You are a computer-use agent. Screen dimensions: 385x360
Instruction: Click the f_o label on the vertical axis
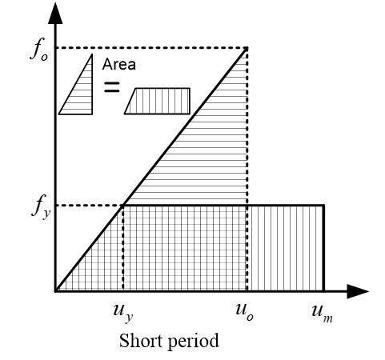point(39,52)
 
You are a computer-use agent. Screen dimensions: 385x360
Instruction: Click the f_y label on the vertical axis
point(41,207)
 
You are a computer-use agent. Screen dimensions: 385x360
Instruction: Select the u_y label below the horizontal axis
point(123,313)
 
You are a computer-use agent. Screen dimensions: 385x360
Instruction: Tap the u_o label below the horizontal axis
point(244,312)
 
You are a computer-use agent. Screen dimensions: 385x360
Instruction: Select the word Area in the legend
point(119,65)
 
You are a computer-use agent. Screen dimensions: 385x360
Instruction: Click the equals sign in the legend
point(111,87)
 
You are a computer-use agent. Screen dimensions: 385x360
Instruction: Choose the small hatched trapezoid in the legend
point(158,101)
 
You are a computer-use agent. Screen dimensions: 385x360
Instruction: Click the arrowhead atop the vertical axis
point(55,14)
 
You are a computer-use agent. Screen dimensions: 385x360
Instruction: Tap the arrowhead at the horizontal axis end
point(358,291)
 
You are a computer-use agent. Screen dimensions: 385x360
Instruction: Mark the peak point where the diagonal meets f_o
point(247,48)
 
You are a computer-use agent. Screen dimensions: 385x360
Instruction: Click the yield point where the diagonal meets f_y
point(123,206)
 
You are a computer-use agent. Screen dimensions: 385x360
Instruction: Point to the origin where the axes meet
point(55,291)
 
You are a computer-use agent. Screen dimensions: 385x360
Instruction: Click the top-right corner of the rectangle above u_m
point(324,206)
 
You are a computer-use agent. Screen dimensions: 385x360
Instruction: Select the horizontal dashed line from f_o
point(151,48)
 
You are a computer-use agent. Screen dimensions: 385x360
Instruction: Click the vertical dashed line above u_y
point(123,248)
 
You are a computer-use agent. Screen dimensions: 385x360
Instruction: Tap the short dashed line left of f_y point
point(90,206)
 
